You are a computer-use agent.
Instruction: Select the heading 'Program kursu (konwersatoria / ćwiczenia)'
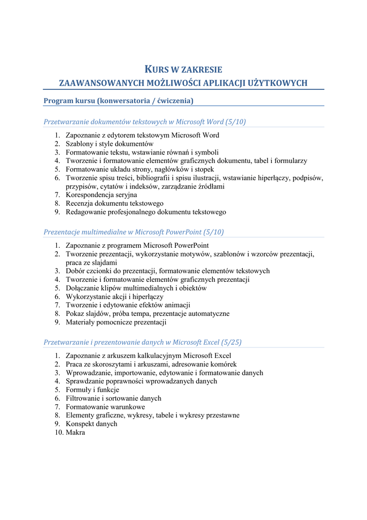119,101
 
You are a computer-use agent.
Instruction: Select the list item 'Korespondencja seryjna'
101,195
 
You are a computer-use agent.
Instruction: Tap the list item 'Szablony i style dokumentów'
109,144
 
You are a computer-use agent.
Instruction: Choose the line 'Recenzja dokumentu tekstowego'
115,204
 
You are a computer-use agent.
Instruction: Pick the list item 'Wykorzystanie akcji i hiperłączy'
115,297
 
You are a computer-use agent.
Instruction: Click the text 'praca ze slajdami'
91,263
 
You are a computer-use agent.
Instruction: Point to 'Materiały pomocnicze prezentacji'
116,322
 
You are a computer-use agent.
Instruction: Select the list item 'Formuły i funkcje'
92,390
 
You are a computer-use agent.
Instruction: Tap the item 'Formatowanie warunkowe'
105,407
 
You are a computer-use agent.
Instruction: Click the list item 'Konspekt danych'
91,424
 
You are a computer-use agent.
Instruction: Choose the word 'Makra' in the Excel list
76,433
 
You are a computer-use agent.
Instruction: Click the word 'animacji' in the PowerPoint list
177,305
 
